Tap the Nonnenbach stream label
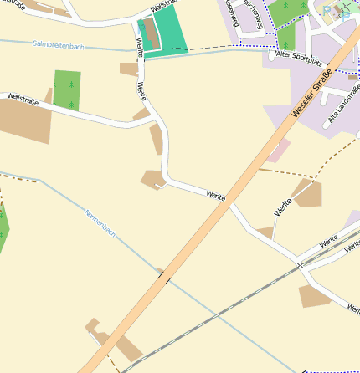click(x=99, y=224)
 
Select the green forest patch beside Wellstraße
click(x=67, y=89)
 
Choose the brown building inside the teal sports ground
click(x=151, y=34)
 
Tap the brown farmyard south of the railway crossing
click(x=316, y=296)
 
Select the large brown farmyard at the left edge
click(x=23, y=121)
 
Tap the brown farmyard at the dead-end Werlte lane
click(x=307, y=194)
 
